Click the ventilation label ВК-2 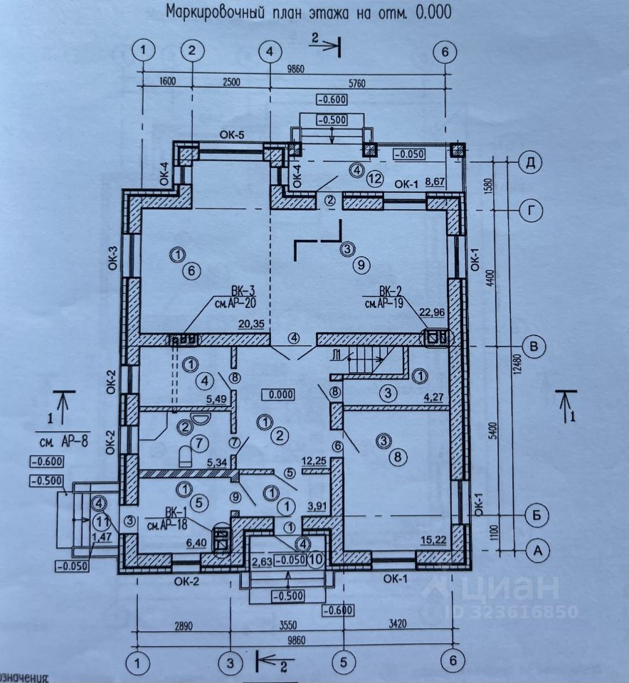tap(391, 292)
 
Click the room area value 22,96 tap(431, 311)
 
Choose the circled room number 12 tap(376, 178)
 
